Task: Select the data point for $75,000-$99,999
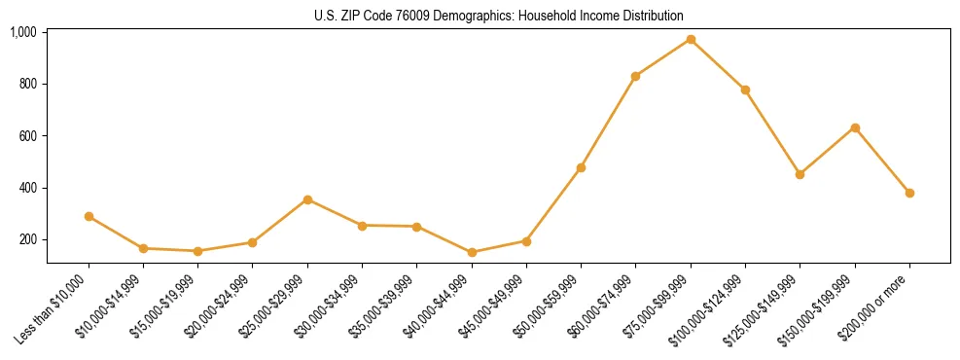pyautogui.click(x=691, y=39)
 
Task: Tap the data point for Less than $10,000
pyautogui.click(x=89, y=216)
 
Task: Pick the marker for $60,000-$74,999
pyautogui.click(x=635, y=76)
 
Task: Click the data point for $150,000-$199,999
pyautogui.click(x=855, y=127)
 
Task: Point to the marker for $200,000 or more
pyautogui.click(x=909, y=193)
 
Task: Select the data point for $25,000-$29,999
pyautogui.click(x=307, y=199)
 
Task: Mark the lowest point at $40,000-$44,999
pyautogui.click(x=472, y=252)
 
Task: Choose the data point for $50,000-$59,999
pyautogui.click(x=581, y=167)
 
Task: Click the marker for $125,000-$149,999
pyautogui.click(x=800, y=174)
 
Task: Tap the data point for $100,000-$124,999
pyautogui.click(x=745, y=90)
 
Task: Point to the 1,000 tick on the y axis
pyautogui.click(x=23, y=32)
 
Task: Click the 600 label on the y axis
pyautogui.click(x=27, y=136)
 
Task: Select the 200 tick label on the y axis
pyautogui.click(x=27, y=239)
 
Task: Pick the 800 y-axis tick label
pyautogui.click(x=27, y=84)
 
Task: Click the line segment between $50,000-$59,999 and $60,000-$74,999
pyautogui.click(x=608, y=122)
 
